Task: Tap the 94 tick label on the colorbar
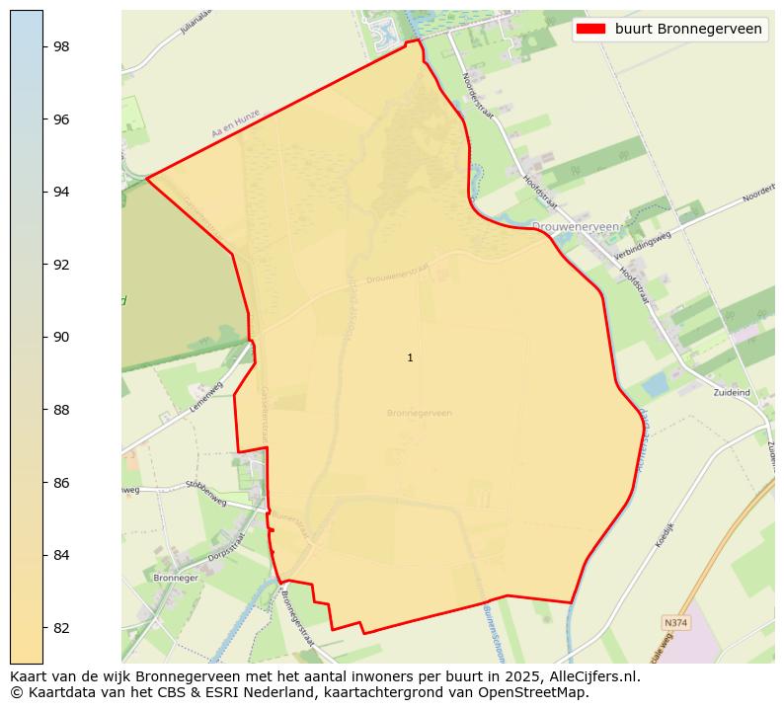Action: (61, 192)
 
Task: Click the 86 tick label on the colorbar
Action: (61, 482)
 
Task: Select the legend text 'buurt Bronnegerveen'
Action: (688, 29)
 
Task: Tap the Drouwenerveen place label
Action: (575, 226)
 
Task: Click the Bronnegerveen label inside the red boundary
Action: (420, 413)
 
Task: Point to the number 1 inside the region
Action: (410, 357)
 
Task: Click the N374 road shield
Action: (675, 623)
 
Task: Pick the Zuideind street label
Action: (732, 392)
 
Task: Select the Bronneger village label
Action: (176, 578)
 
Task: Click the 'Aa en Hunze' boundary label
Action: (235, 123)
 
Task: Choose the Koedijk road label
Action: (663, 535)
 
